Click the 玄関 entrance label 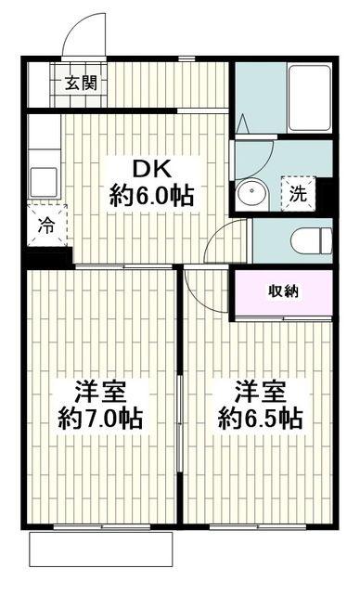pos(81,83)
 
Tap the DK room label pos(151,169)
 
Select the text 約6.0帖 pos(151,196)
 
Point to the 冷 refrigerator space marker pos(47,226)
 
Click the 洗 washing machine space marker pos(298,194)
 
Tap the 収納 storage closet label pos(283,291)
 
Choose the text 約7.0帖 pos(100,418)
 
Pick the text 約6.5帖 pos(261,418)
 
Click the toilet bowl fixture pos(311,241)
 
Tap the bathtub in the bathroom pos(309,98)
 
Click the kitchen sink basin pos(44,183)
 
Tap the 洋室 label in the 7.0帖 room pos(100,392)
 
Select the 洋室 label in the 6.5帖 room pos(261,392)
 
